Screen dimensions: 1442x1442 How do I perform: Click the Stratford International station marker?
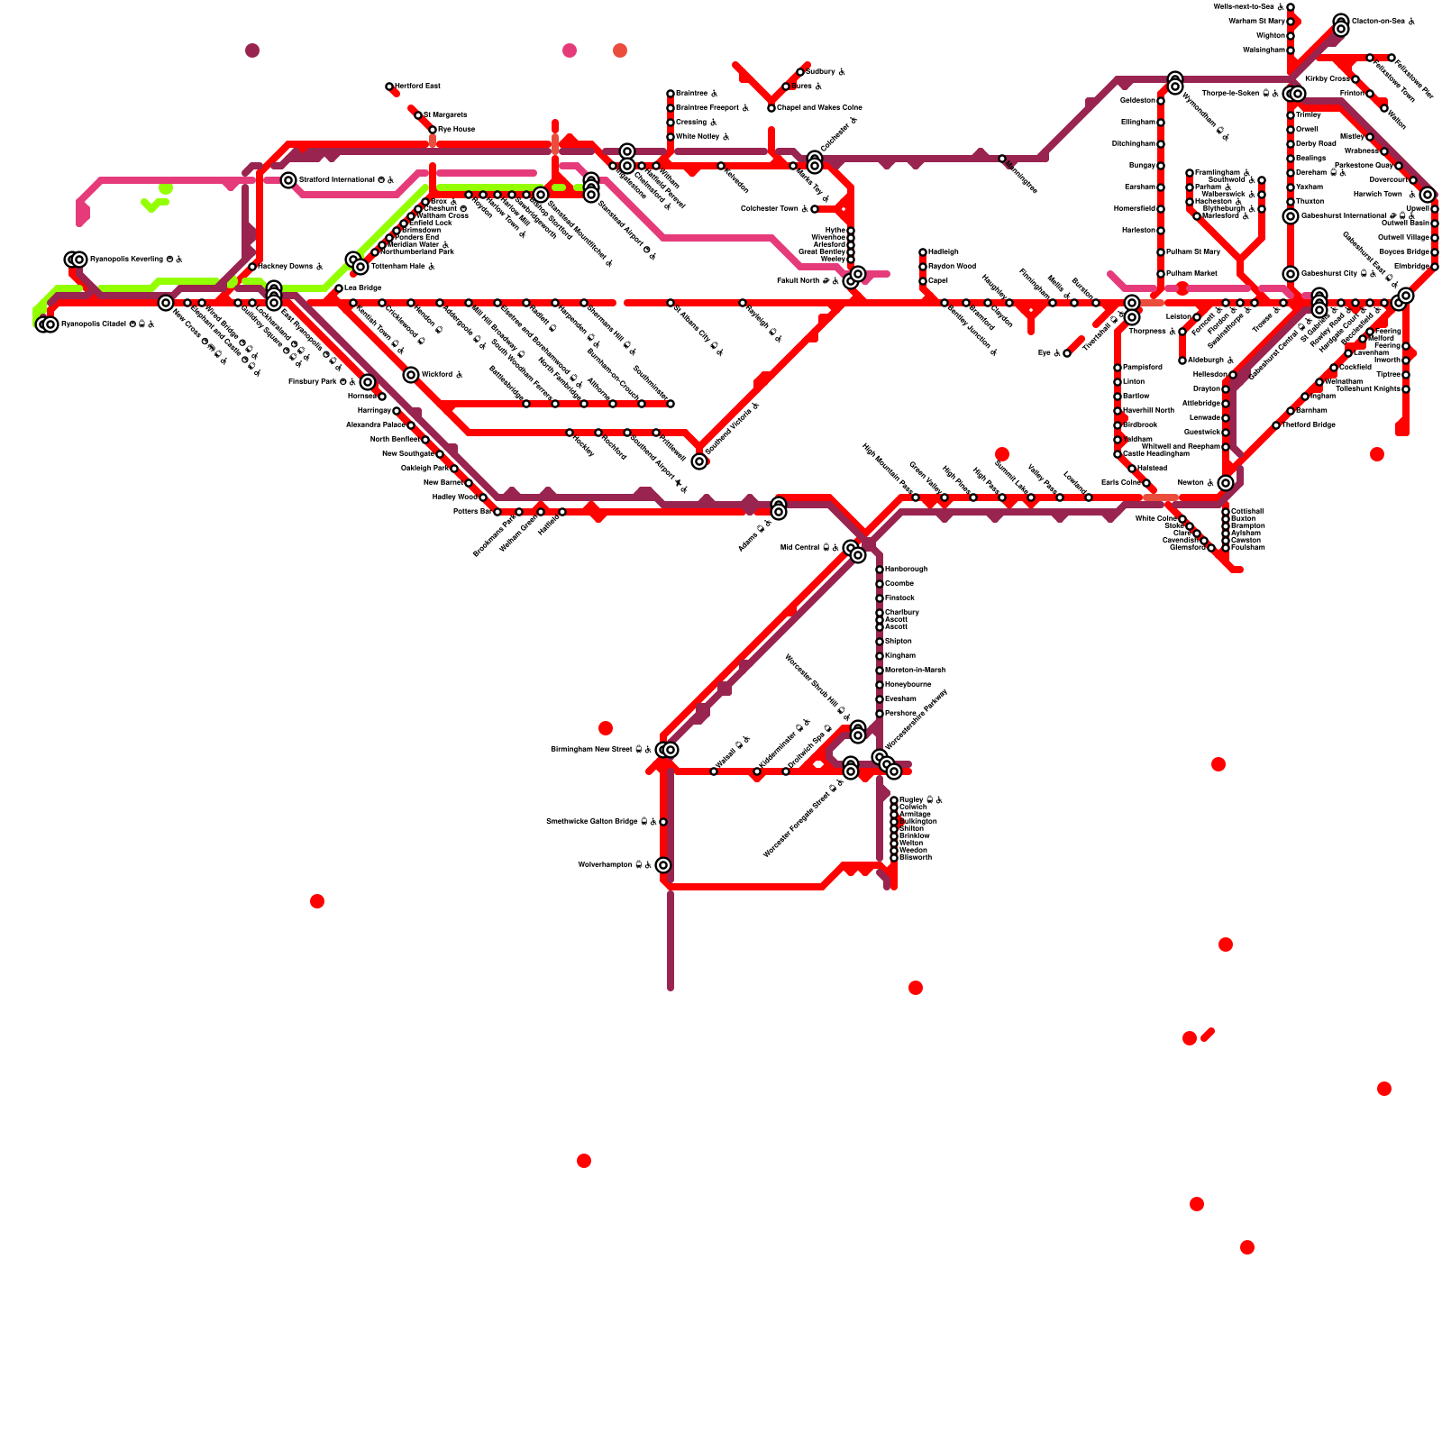pyautogui.click(x=288, y=180)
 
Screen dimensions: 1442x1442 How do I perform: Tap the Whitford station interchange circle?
pyautogui.click(x=411, y=375)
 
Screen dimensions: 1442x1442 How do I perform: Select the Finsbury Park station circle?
pyautogui.click(x=368, y=382)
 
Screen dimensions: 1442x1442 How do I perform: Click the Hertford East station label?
pyautogui.click(x=417, y=87)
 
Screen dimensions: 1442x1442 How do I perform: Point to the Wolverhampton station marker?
pyautogui.click(x=663, y=865)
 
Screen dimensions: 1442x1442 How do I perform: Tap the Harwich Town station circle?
pyautogui.click(x=1428, y=195)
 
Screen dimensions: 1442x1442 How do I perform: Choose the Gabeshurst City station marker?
pyautogui.click(x=1291, y=274)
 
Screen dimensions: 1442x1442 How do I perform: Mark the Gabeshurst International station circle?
pyautogui.click(x=1291, y=216)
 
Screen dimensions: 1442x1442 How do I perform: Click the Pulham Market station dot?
pyautogui.click(x=1161, y=274)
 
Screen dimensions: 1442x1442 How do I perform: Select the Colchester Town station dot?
pyautogui.click(x=815, y=209)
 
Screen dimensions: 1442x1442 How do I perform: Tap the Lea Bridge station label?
pyautogui.click(x=363, y=288)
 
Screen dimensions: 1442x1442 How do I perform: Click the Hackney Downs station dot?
pyautogui.click(x=252, y=267)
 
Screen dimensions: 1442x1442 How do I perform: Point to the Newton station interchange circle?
pyautogui.click(x=1226, y=483)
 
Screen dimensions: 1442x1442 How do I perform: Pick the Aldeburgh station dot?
pyautogui.click(x=1182, y=360)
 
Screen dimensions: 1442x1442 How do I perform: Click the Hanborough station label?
pyautogui.click(x=906, y=570)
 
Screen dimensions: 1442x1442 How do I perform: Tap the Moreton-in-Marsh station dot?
pyautogui.click(x=880, y=671)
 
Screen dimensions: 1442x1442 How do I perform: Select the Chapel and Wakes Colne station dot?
pyautogui.click(x=771, y=108)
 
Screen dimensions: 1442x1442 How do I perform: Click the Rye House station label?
pyautogui.click(x=456, y=130)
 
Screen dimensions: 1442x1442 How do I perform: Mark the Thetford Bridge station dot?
pyautogui.click(x=1276, y=425)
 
